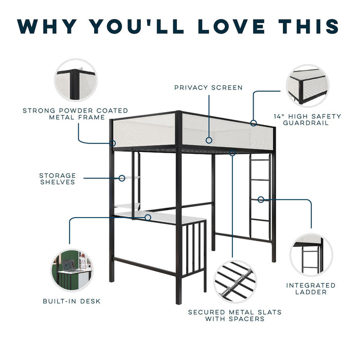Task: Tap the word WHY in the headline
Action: pos(50,26)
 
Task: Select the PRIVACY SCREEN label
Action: pos(208,87)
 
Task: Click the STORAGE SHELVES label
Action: pos(57,178)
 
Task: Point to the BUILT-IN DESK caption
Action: pos(71,301)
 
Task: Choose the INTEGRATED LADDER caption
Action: pos(311,289)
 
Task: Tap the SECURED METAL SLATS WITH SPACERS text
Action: pos(235,315)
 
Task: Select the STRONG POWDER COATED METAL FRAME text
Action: pos(75,114)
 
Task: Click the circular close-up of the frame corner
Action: pos(76,80)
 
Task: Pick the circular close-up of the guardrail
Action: pos(308,86)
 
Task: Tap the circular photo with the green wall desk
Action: pos(71,269)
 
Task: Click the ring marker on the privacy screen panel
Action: pos(209,139)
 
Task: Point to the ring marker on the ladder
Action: pos(261,199)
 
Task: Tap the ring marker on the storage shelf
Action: pos(122,178)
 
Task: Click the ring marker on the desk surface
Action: pos(148,218)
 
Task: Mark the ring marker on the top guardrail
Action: pos(253,123)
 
